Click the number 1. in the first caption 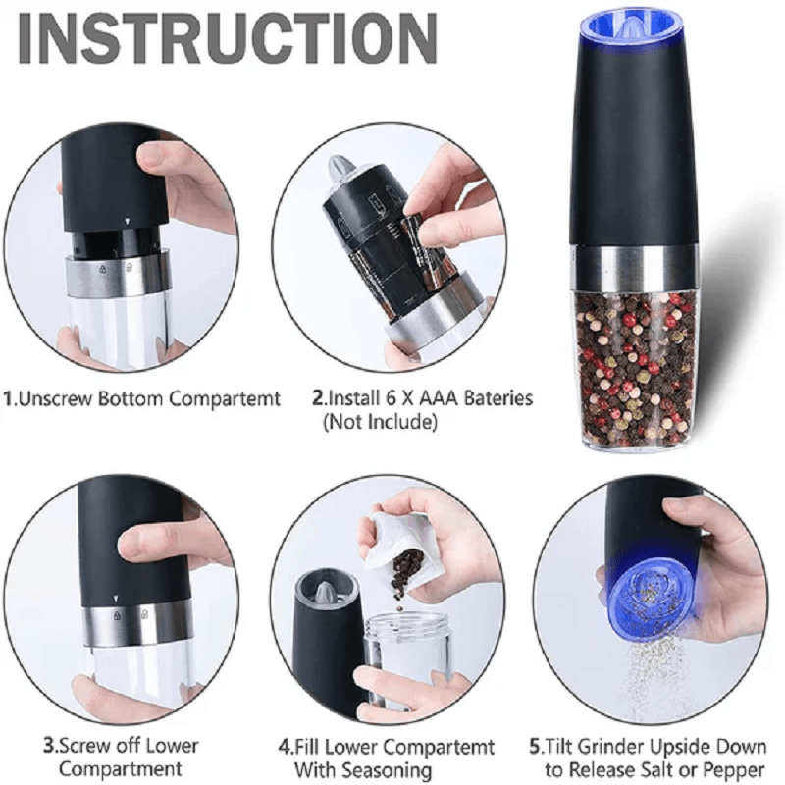(x=11, y=399)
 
